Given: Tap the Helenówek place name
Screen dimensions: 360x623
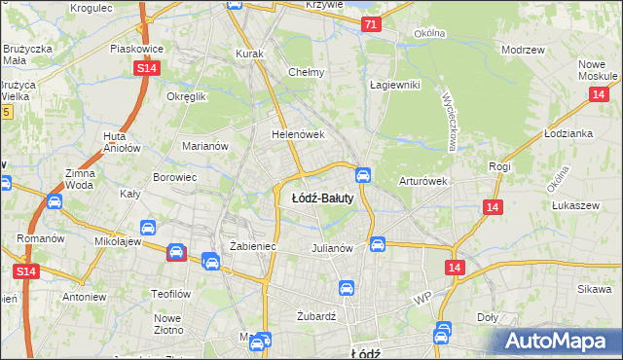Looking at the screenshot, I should [297, 135].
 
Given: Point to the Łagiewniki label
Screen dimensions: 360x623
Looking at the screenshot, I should [394, 85].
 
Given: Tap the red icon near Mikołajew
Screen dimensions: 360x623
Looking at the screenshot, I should [176, 253].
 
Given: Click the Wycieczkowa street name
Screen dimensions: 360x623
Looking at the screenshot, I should [451, 122].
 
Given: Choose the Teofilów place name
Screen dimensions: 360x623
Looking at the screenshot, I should [168, 294].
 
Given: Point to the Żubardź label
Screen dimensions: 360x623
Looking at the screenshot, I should [315, 316].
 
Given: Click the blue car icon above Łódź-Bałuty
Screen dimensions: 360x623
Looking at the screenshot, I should [362, 175].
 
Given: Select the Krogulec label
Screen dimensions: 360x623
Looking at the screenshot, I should [92, 8].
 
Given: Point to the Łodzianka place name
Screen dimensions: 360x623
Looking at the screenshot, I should [568, 133].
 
